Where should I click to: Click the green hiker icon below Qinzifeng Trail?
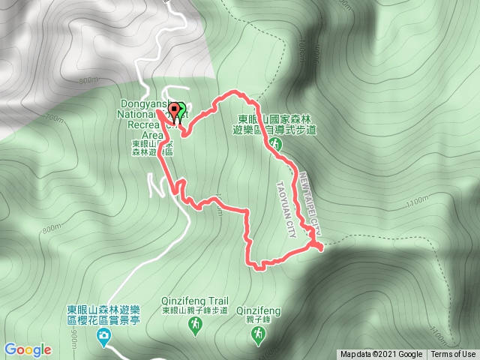click(x=194, y=325)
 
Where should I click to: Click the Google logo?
click(x=28, y=349)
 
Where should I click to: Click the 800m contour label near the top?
click(x=87, y=80)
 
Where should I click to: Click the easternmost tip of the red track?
click(x=322, y=247)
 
